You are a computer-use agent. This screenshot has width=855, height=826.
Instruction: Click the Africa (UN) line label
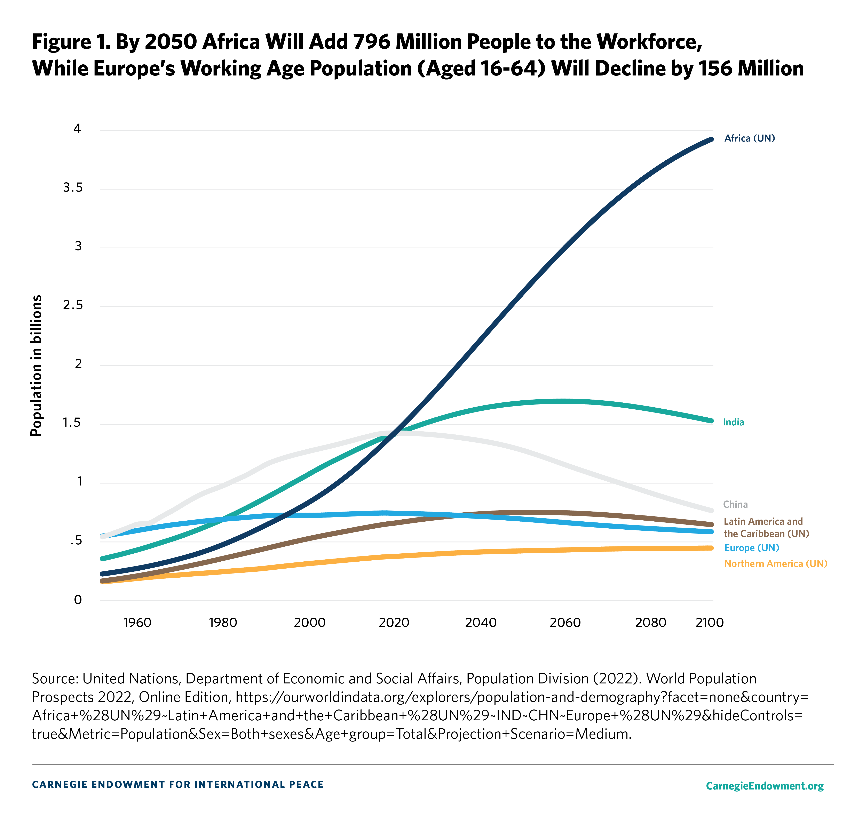[x=750, y=138]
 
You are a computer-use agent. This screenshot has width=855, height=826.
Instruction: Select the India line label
[x=733, y=422]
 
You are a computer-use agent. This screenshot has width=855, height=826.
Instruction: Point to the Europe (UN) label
[x=752, y=548]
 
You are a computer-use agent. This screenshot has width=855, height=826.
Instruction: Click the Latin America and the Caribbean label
[x=766, y=527]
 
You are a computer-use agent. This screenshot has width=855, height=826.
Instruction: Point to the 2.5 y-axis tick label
[x=72, y=305]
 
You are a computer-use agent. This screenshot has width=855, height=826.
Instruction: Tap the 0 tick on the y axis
[x=78, y=600]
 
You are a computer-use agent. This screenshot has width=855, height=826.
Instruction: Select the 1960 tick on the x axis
[x=137, y=622]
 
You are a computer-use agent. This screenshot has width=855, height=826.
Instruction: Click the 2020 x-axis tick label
[x=394, y=622]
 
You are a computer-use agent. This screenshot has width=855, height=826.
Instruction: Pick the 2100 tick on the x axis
[x=709, y=622]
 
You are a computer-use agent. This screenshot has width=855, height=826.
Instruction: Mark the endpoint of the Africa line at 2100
[x=711, y=139]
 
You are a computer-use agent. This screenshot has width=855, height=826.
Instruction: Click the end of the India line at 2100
[x=711, y=421]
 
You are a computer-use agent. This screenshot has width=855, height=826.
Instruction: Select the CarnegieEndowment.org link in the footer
[x=764, y=786]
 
